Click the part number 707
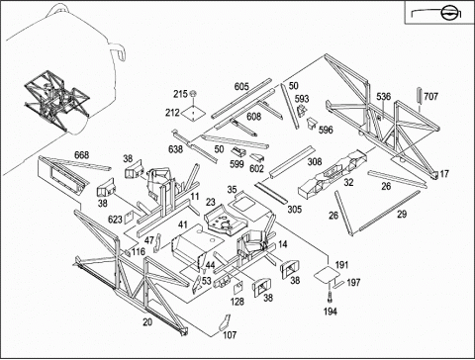tap(430, 96)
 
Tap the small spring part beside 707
tap(420, 95)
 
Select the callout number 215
tap(180, 94)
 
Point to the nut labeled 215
tap(193, 94)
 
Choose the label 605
tap(241, 87)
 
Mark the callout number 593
tap(302, 99)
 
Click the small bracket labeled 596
tap(311, 124)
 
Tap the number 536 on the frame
tap(384, 96)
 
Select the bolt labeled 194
tap(330, 297)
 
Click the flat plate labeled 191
tap(326, 275)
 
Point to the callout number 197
tap(353, 283)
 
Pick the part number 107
tap(230, 335)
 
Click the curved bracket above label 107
tap(225, 322)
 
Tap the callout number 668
tap(81, 155)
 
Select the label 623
tap(115, 219)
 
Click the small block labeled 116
tap(126, 253)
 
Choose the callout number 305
tap(294, 209)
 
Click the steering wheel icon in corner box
tap(447, 14)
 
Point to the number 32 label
tap(348, 182)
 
